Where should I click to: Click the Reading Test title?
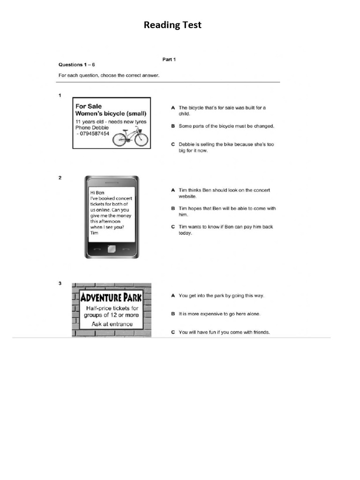172,25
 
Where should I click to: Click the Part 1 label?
169,60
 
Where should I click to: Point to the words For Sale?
89,106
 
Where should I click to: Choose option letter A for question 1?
172,108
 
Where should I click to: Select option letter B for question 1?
172,126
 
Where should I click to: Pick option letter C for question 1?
172,144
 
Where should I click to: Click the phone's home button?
112,249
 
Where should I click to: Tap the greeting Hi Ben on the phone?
97,193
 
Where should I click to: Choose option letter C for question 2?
172,227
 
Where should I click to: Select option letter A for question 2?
172,190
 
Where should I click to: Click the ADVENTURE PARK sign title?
111,298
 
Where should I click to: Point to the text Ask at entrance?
112,324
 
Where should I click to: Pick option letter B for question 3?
172,314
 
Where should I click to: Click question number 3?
60,284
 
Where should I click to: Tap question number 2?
60,178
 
